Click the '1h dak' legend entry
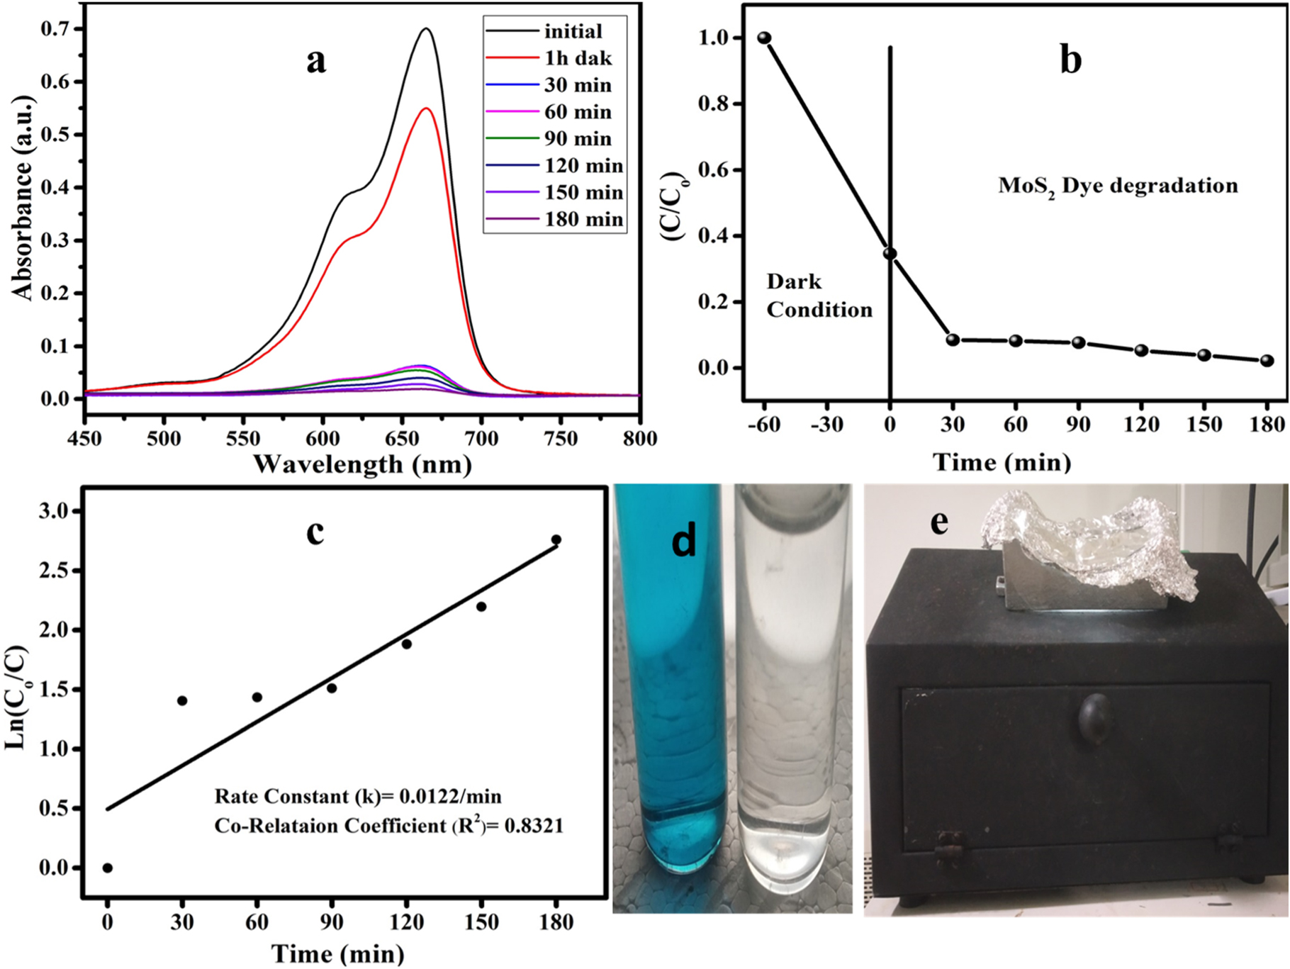(x=578, y=58)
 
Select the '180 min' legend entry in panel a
(x=583, y=220)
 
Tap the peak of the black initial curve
(x=427, y=29)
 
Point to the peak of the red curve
(x=427, y=108)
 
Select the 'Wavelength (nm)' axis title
(x=362, y=464)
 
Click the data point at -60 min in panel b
(x=764, y=38)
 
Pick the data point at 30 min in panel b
(x=953, y=340)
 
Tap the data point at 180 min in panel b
(x=1267, y=360)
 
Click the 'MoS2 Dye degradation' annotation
(x=1118, y=186)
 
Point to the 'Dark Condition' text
(x=819, y=296)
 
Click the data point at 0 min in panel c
(x=108, y=868)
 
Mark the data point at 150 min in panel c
(x=481, y=607)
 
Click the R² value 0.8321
(x=534, y=826)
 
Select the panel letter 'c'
(x=315, y=532)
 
